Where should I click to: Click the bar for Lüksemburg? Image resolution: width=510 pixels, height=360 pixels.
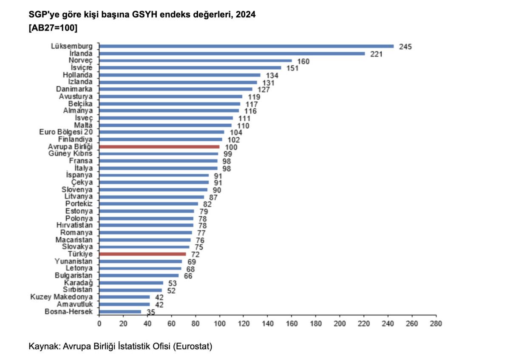[x=246, y=46]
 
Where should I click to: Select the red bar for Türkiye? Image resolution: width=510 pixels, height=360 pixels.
[x=142, y=254]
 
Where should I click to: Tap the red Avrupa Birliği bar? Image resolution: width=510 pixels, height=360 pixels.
[x=159, y=147]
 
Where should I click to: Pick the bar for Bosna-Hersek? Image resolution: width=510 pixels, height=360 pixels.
[x=120, y=312]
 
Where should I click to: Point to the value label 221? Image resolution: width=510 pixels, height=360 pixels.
[x=377, y=54]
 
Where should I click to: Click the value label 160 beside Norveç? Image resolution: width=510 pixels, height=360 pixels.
[x=303, y=61]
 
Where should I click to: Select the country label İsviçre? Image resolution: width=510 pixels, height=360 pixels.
[x=80, y=68]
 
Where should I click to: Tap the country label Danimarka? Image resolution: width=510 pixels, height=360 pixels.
[x=74, y=89]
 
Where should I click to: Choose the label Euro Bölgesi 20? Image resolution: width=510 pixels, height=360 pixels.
[x=65, y=132]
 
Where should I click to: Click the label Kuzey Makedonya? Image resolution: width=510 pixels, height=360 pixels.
[x=61, y=297]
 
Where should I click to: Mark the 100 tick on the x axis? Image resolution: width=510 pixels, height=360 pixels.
[x=219, y=323]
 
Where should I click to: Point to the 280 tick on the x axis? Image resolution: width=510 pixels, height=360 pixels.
[x=436, y=323]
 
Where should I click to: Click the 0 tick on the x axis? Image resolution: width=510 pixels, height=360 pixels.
[x=99, y=323]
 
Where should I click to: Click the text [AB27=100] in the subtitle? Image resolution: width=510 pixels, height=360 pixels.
[x=53, y=28]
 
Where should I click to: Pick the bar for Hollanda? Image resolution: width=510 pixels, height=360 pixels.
[x=180, y=75]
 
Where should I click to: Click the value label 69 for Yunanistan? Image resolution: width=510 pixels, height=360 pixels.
[x=192, y=262]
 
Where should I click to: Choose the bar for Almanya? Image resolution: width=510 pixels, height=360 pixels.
[x=169, y=111]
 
